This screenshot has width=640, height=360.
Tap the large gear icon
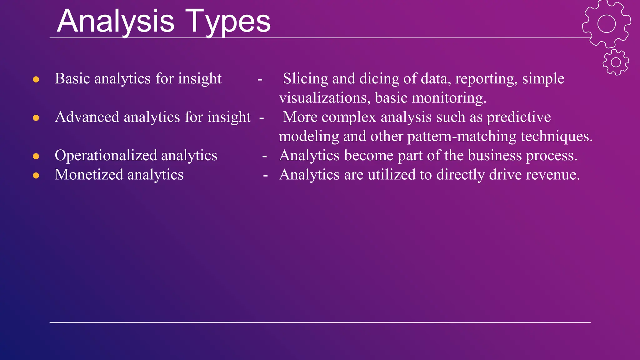[606, 24]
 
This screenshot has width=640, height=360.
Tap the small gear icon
[616, 62]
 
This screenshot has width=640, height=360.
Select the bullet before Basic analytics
[36, 79]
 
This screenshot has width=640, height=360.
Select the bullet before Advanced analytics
[36, 118]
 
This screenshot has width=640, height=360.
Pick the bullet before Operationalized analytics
[36, 156]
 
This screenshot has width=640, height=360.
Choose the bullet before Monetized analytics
[36, 175]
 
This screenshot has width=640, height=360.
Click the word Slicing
[305, 79]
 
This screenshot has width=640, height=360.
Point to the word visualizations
[325, 98]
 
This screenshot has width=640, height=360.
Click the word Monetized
[89, 175]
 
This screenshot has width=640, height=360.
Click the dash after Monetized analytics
[265, 176]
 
